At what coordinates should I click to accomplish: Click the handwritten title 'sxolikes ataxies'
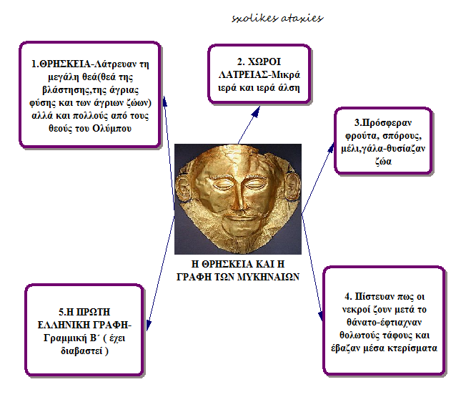click(277, 19)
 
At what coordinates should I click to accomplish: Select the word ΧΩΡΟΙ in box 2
click(264, 62)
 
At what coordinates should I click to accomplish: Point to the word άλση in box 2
click(289, 88)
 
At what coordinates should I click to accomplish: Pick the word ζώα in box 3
click(383, 161)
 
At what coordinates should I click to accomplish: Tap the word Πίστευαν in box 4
click(375, 296)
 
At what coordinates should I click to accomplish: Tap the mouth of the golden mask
click(237, 218)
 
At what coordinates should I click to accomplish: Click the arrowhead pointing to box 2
click(257, 112)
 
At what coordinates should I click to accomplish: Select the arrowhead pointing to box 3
click(331, 147)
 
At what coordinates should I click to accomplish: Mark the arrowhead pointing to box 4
click(321, 316)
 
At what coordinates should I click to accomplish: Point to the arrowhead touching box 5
click(149, 325)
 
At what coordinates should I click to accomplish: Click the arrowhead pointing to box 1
click(165, 101)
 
